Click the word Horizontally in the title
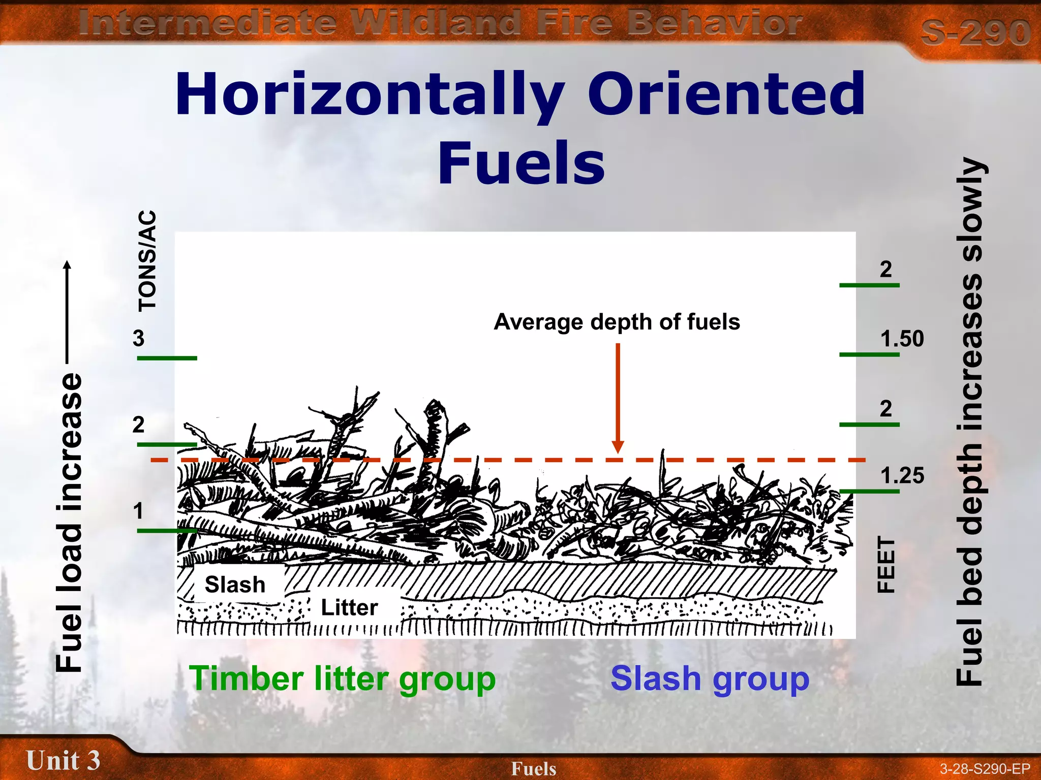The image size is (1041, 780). [370, 95]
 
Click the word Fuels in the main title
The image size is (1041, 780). [521, 162]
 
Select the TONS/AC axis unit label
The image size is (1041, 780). [147, 260]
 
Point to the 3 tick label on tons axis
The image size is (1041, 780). [138, 338]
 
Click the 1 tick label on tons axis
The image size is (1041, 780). [138, 511]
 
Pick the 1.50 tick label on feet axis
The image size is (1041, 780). [902, 339]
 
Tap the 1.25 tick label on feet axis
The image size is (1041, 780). [902, 476]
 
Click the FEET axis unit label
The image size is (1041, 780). [886, 565]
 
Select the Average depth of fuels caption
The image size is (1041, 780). [617, 322]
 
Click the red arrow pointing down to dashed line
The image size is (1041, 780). [618, 396]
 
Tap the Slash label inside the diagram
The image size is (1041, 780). [235, 584]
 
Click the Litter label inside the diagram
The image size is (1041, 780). [349, 607]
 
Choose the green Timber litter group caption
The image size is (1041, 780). [342, 679]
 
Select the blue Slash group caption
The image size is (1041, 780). [710, 679]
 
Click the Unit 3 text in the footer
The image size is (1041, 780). [63, 760]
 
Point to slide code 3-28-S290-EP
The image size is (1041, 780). [985, 769]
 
